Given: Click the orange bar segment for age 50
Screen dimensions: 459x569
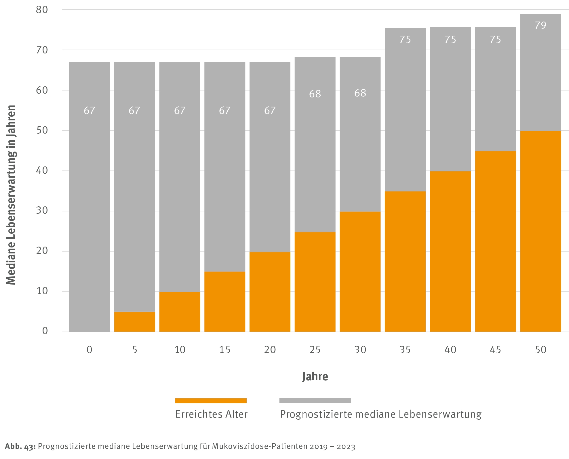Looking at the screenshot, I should pyautogui.click(x=540, y=231).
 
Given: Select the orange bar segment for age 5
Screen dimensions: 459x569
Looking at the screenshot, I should pyautogui.click(x=134, y=322).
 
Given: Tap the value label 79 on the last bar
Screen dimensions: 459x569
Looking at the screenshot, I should pyautogui.click(x=540, y=26).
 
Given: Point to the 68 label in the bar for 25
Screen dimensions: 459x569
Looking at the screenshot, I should pyautogui.click(x=315, y=94).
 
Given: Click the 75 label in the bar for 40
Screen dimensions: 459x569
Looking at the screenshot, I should pyautogui.click(x=450, y=40).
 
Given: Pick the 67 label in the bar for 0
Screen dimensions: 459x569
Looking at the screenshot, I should pyautogui.click(x=89, y=111).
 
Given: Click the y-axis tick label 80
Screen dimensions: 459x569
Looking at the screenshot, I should pyautogui.click(x=42, y=10).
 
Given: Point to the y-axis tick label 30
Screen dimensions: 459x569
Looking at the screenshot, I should pyautogui.click(x=42, y=211).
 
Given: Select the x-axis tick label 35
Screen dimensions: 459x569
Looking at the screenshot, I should pyautogui.click(x=405, y=350).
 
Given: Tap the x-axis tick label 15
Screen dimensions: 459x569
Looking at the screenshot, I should pyautogui.click(x=224, y=350).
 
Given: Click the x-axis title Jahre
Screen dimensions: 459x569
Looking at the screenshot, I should pyautogui.click(x=315, y=377).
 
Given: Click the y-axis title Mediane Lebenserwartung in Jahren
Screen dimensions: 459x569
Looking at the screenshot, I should pyautogui.click(x=11, y=195).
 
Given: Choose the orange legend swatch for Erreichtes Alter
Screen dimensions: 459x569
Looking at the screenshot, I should pyautogui.click(x=211, y=401).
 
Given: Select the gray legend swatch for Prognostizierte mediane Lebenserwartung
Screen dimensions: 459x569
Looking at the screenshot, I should pyautogui.click(x=315, y=401).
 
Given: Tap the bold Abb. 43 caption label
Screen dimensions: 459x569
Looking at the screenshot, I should pyautogui.click(x=20, y=446).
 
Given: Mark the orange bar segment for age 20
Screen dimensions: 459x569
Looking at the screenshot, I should pyautogui.click(x=270, y=292).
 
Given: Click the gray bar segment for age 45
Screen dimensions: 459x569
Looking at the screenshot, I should pyautogui.click(x=495, y=89).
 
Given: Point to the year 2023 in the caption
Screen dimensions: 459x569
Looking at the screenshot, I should pyautogui.click(x=346, y=446).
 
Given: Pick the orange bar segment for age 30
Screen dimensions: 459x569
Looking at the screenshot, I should pyautogui.click(x=360, y=272).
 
